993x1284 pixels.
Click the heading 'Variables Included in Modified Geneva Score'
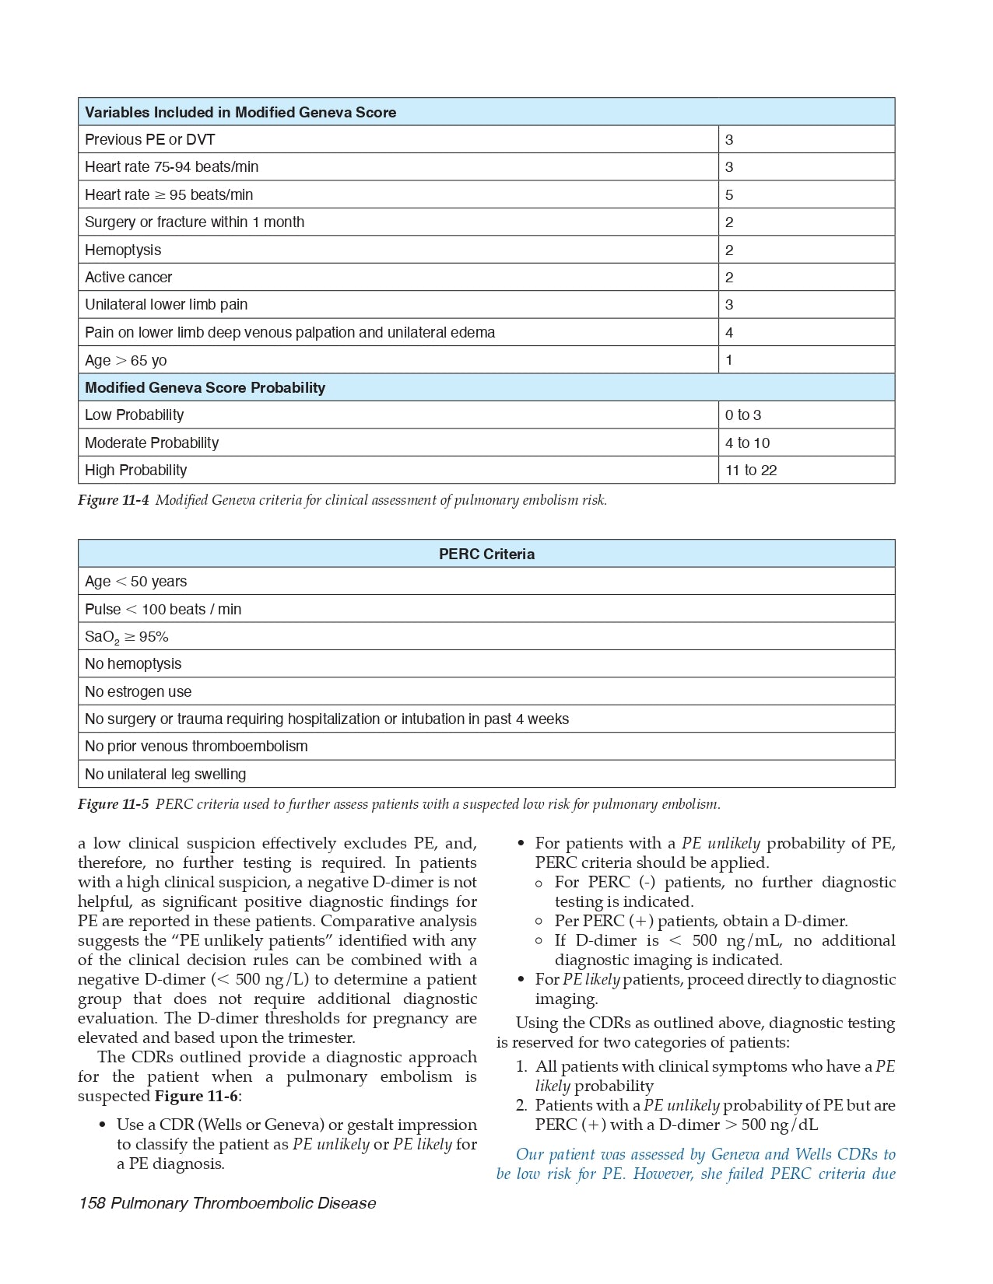240,112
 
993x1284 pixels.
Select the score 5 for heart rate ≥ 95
729,194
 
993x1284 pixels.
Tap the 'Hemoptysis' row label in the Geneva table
123,250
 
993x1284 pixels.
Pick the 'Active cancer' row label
128,277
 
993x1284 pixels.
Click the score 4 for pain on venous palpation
729,332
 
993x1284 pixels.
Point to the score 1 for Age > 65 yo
729,360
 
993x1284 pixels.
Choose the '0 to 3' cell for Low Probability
743,415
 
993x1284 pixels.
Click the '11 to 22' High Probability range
751,470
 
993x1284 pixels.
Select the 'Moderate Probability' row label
152,443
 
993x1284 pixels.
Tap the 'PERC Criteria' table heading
486,554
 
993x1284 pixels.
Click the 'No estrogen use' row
138,691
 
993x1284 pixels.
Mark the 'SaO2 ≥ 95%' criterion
126,637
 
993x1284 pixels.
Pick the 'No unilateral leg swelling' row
165,774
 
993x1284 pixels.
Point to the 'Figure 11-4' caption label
113,500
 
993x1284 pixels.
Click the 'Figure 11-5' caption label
113,804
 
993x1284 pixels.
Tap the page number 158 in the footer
92,1203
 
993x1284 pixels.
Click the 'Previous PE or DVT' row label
149,140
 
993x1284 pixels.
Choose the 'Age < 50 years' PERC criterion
135,582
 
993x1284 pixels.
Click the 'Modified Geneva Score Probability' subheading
205,387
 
